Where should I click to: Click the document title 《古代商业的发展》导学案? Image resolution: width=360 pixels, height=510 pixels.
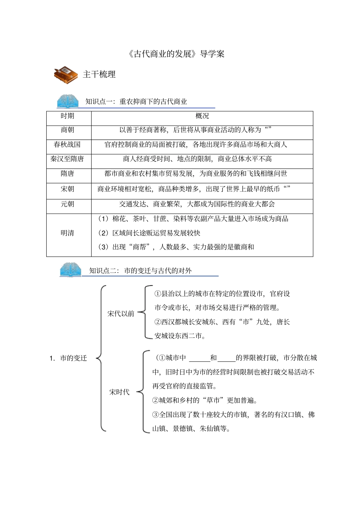[x=176, y=54]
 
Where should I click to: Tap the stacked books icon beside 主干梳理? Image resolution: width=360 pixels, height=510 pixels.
[x=66, y=75]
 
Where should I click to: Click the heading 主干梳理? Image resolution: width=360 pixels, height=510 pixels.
[x=99, y=74]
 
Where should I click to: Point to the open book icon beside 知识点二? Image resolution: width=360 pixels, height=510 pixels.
[x=70, y=270]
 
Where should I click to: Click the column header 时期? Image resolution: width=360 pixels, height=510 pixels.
[x=67, y=116]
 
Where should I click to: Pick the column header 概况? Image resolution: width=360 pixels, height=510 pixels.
[x=202, y=116]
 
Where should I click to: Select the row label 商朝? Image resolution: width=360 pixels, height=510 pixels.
[x=67, y=130]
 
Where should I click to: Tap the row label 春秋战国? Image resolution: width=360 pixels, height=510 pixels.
[x=67, y=144]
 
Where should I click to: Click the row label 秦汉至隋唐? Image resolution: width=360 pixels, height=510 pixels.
[x=67, y=159]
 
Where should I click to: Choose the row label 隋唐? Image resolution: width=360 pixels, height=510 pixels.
[x=67, y=174]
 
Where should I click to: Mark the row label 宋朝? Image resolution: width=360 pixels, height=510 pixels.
[x=67, y=189]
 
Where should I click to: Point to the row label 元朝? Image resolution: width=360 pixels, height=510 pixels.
[x=67, y=204]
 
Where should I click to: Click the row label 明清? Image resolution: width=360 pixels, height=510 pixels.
[x=67, y=233]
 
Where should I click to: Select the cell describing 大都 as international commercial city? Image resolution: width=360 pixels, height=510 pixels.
[x=197, y=204]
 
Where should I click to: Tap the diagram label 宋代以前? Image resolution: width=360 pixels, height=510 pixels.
[x=121, y=314]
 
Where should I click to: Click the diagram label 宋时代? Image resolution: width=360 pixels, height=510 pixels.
[x=119, y=392]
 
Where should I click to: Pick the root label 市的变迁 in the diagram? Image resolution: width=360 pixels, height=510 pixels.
[x=74, y=358]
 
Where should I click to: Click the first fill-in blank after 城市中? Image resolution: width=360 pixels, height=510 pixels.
[x=199, y=358]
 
